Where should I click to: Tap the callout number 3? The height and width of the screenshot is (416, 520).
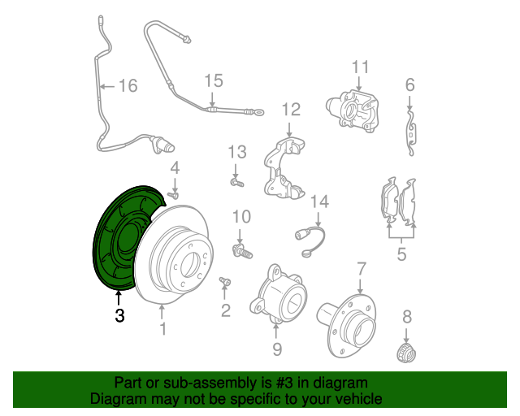[x=119, y=316]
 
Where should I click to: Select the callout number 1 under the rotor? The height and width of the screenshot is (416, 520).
[x=162, y=328]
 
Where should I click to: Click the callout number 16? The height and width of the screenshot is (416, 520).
[x=128, y=85]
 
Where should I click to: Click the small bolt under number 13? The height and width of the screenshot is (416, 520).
[x=236, y=184]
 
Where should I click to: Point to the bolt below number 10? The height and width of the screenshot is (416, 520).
[x=240, y=248]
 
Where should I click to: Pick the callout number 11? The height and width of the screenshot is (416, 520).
[x=360, y=67]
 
